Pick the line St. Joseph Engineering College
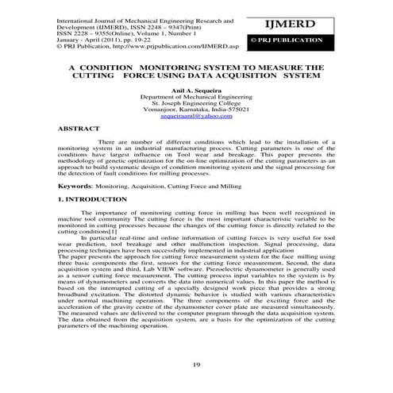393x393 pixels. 195,103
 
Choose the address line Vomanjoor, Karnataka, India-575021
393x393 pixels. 195,110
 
